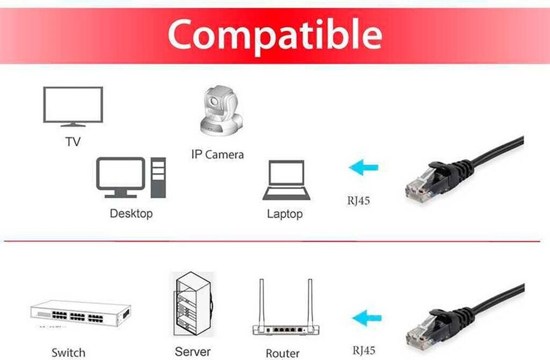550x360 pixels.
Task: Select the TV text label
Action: pyautogui.click(x=73, y=142)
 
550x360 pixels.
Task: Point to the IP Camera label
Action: pyautogui.click(x=218, y=155)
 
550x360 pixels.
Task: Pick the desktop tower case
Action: pyautogui.click(x=158, y=178)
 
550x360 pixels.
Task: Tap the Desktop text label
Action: pyautogui.click(x=131, y=213)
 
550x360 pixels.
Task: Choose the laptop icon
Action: pyautogui.click(x=286, y=181)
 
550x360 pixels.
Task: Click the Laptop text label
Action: pyautogui.click(x=285, y=214)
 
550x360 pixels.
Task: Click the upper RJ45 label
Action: pyautogui.click(x=358, y=201)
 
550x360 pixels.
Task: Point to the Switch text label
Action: pyautogui.click(x=68, y=352)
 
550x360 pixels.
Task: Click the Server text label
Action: pyautogui.click(x=193, y=352)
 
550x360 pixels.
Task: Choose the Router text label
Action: pyautogui.click(x=283, y=353)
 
